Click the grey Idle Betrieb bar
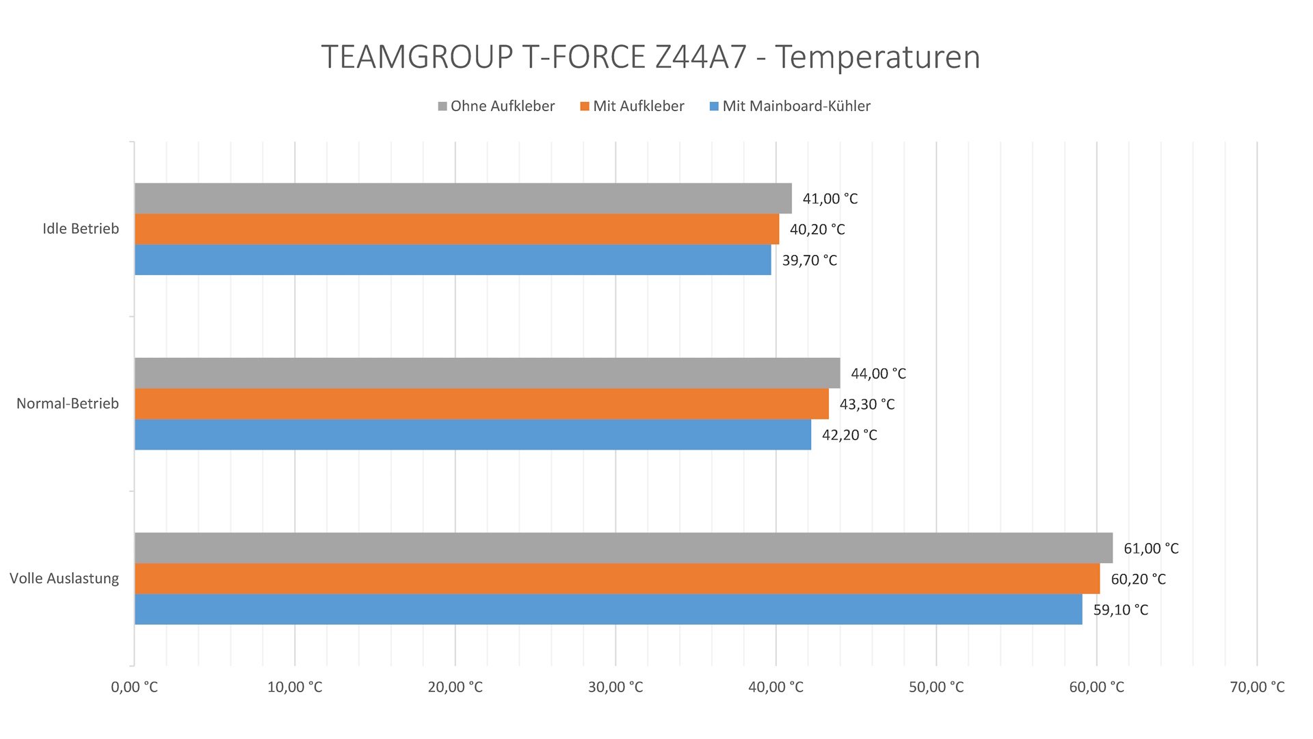pos(463,198)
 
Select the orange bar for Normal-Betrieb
pos(481,404)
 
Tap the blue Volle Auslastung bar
pos(608,609)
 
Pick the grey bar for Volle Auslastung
pos(623,548)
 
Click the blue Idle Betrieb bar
pos(453,260)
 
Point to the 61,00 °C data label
pos(1151,549)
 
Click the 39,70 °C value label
pos(809,261)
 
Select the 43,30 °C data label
pos(866,404)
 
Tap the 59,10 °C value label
pos(1120,610)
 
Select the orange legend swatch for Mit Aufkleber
pos(585,106)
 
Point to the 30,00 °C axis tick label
pos(615,687)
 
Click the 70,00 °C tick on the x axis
pos(1257,687)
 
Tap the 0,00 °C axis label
pos(134,687)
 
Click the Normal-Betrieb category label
pos(68,404)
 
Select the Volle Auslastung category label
pos(64,579)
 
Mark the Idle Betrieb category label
pos(81,229)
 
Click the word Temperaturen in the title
pos(877,57)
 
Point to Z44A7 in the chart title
pos(700,57)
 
